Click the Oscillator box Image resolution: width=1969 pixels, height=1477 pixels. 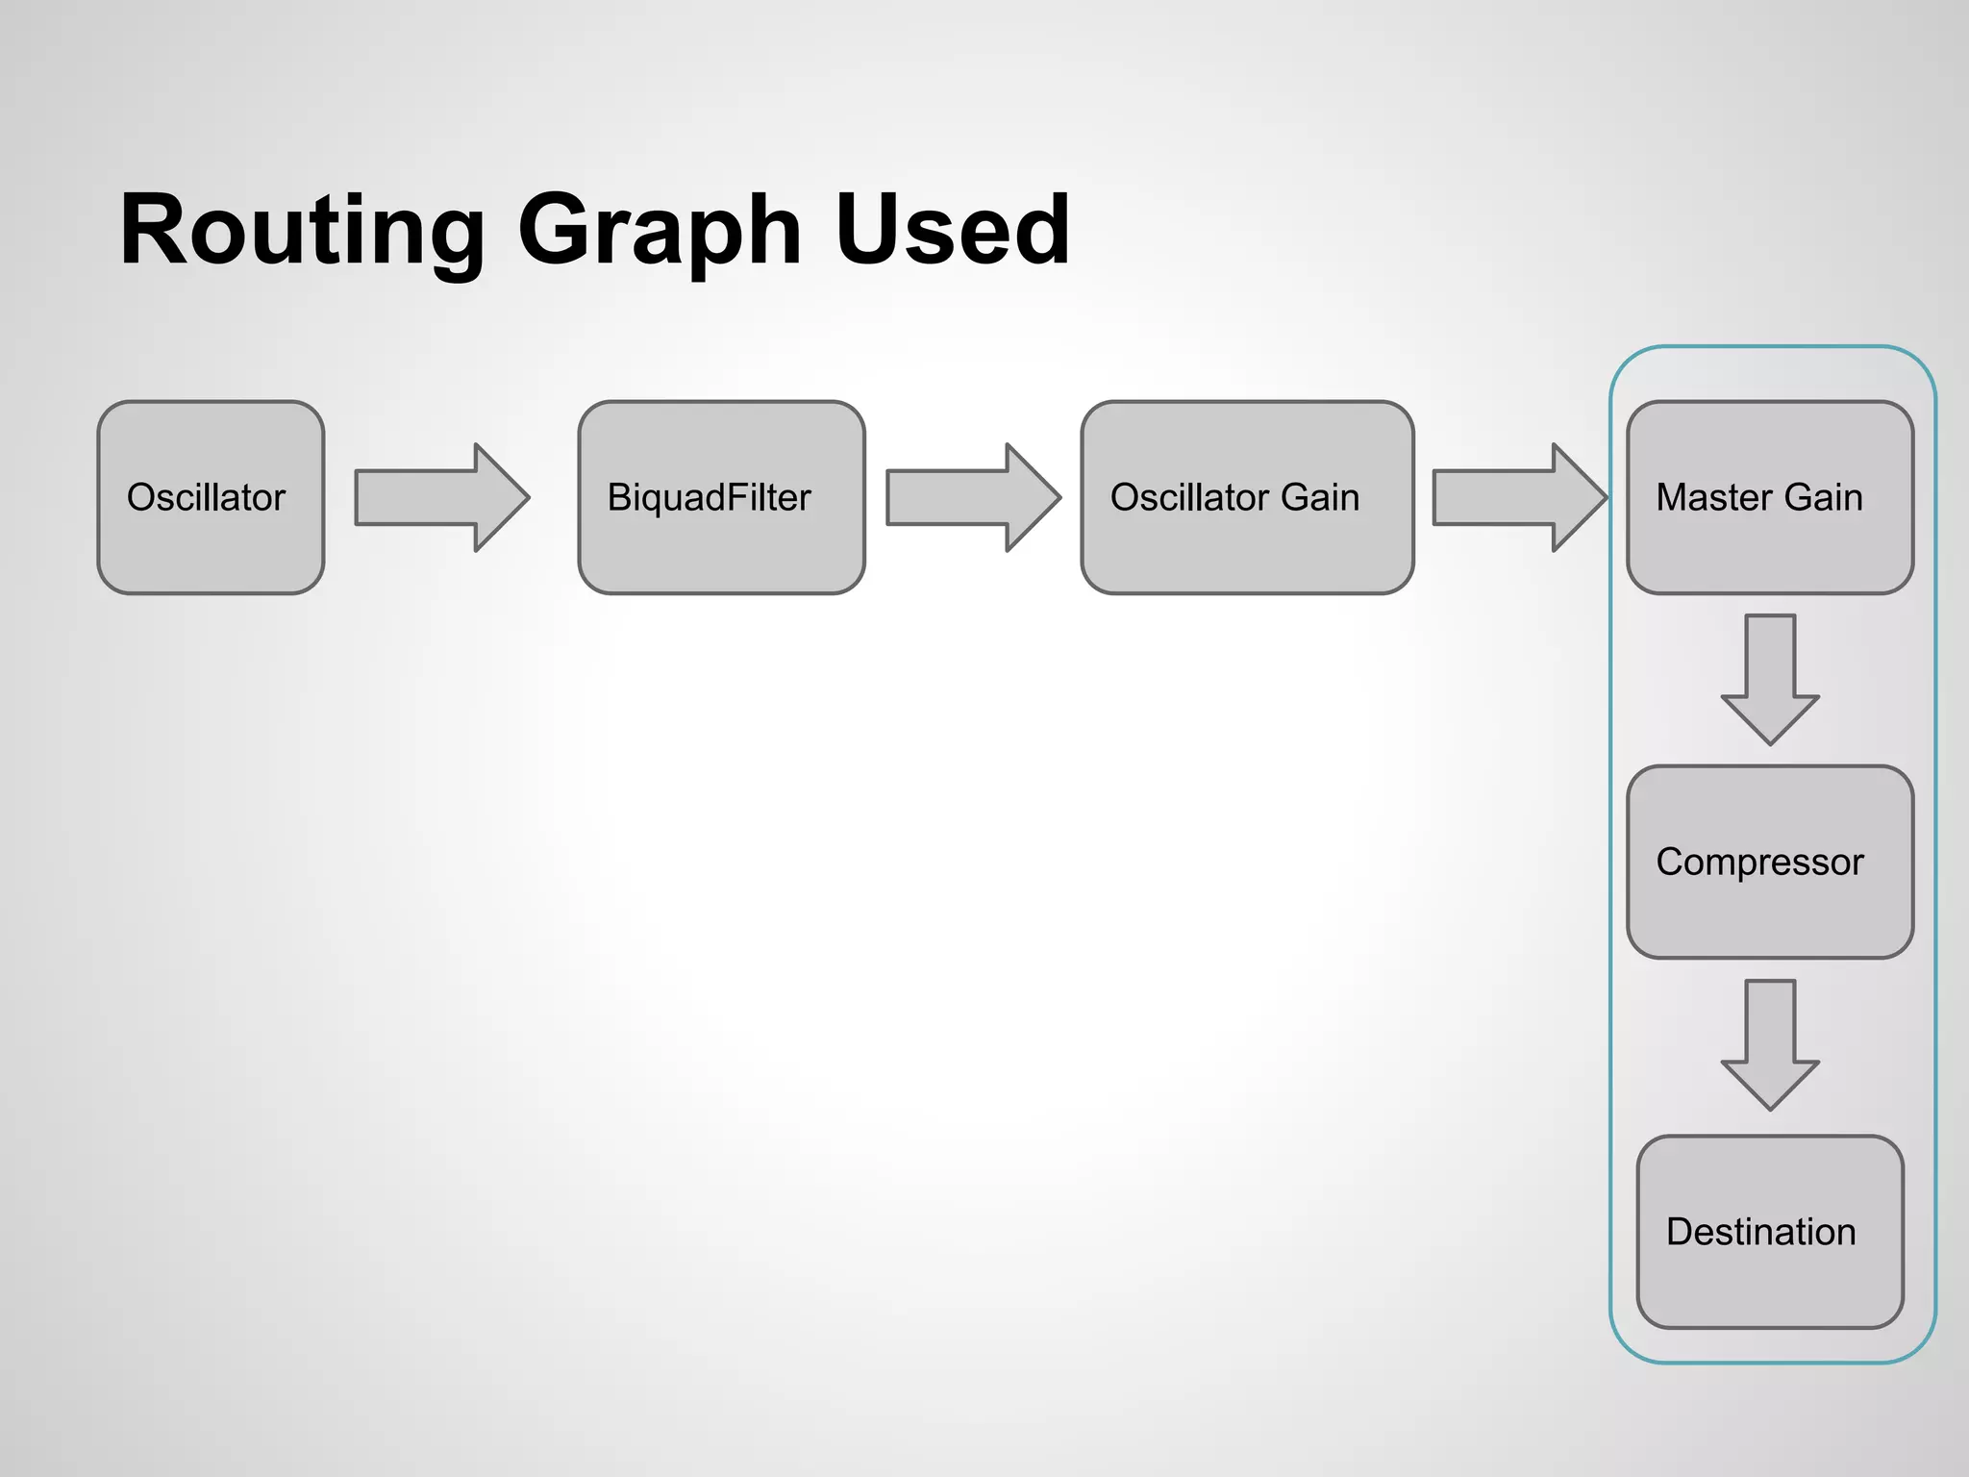coord(211,497)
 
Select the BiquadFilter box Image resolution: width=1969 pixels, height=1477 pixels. coord(721,497)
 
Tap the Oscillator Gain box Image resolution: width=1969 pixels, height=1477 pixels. coord(1247,497)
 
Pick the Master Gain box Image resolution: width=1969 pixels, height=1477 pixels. coord(1769,497)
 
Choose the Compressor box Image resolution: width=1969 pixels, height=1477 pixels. coord(1769,862)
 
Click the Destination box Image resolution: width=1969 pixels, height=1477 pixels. coord(1769,1232)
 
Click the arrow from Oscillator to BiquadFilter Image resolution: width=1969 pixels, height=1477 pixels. coord(441,497)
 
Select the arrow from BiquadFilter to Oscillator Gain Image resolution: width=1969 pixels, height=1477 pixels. coord(972,497)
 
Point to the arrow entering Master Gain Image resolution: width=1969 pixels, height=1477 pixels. coord(1519,497)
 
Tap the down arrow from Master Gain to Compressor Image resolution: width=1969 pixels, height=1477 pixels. coord(1770,679)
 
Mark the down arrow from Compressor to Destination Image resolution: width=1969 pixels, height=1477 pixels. coord(1770,1044)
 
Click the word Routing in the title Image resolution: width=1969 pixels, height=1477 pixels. coord(302,231)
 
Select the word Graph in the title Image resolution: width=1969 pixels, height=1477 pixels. coord(660,231)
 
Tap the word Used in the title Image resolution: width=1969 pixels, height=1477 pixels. coord(952,231)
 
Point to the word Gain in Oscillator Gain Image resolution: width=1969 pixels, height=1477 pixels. coord(1320,497)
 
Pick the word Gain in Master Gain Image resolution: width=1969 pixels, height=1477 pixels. coord(1824,497)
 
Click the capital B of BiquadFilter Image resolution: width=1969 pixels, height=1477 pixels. coord(619,497)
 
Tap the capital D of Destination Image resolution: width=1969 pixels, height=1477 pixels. coord(1679,1232)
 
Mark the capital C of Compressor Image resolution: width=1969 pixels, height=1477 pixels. coord(1671,862)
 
